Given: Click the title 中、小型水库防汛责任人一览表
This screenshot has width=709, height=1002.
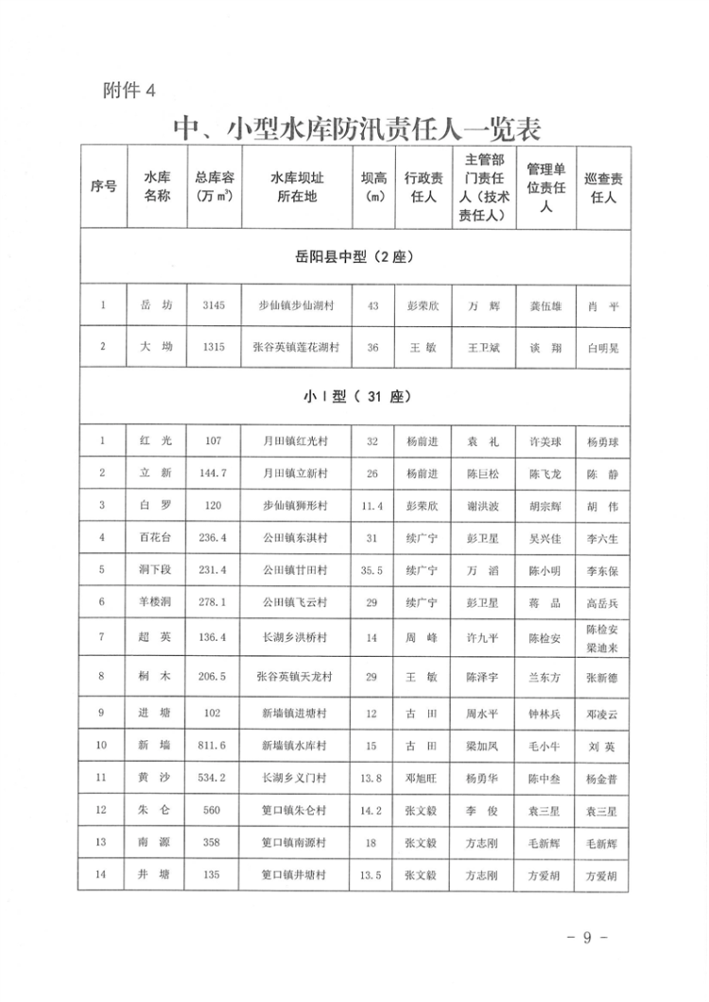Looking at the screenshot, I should (355, 128).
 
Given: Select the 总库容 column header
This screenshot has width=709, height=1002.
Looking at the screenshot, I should (214, 186).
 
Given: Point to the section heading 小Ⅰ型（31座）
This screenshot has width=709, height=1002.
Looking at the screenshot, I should (354, 395).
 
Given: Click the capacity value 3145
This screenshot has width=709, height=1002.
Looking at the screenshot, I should (214, 305).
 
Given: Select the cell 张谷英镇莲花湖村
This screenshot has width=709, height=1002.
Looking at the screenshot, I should (297, 348).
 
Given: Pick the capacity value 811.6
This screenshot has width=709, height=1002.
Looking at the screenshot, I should (214, 746).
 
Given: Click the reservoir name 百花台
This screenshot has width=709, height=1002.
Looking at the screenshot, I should (155, 538).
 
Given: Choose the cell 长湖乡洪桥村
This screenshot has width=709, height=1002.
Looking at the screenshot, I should (297, 638).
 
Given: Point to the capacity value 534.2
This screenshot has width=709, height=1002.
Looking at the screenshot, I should (214, 778).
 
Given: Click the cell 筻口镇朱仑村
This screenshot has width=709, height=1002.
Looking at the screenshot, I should (297, 811).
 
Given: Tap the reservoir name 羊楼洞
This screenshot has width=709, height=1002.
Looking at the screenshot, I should (155, 602).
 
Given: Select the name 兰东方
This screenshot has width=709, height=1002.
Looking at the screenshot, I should (545, 677).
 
